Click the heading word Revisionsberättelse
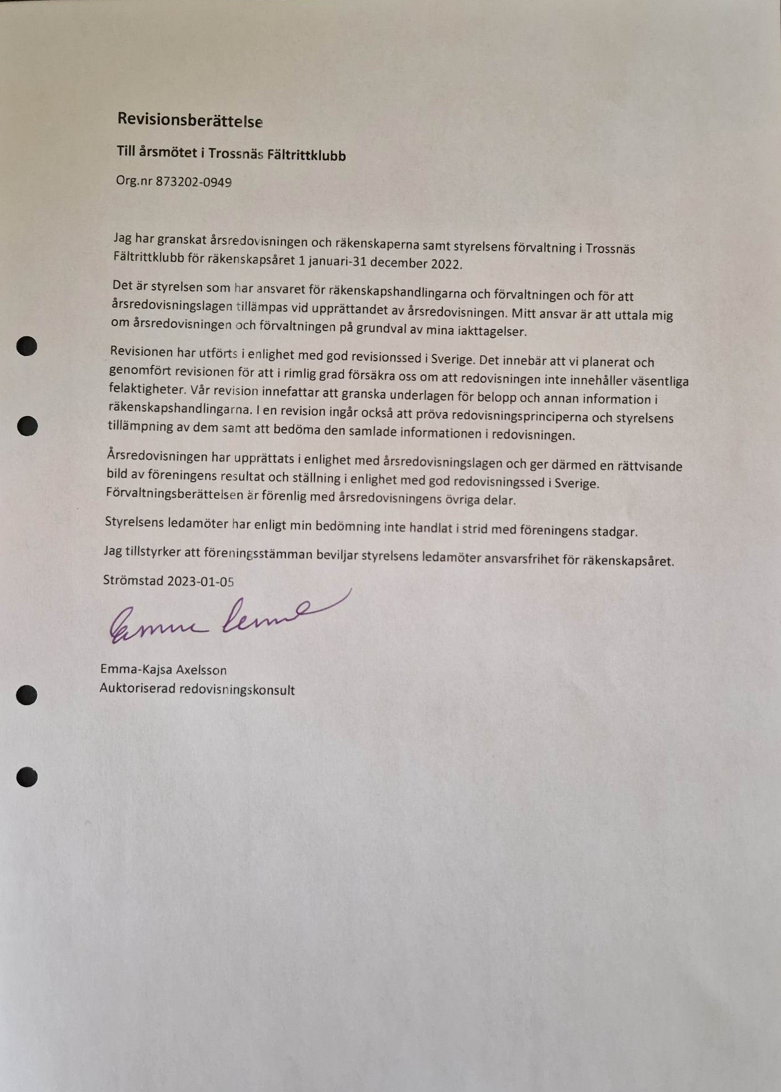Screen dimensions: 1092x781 189,120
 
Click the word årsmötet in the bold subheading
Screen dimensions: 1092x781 165,152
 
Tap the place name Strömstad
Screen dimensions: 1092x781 133,580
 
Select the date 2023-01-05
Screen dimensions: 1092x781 200,581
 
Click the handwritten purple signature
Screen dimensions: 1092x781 223,618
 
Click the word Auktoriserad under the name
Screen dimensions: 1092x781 137,688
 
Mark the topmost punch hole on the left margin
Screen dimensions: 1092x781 26,347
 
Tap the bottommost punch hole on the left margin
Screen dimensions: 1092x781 27,777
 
